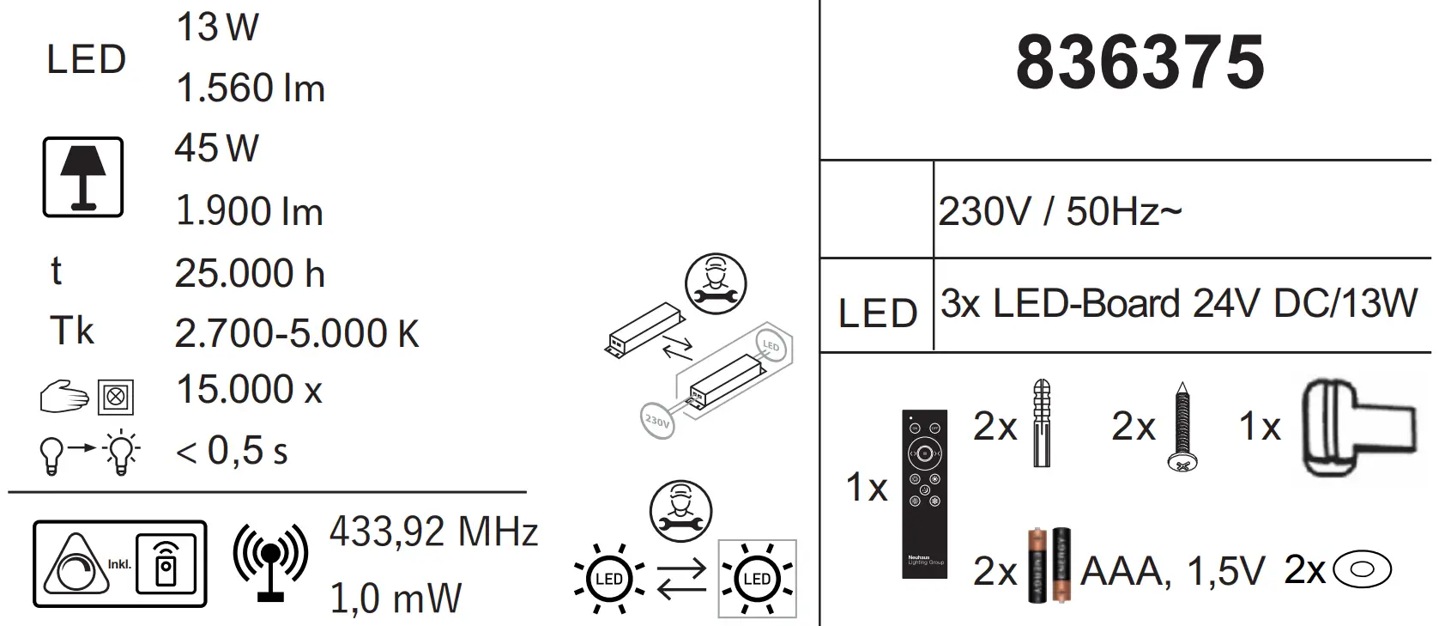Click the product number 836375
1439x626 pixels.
(x=1140, y=63)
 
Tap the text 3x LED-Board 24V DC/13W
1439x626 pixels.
(x=1178, y=305)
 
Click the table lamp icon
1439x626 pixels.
(x=83, y=177)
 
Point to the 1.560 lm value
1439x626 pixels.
(x=251, y=88)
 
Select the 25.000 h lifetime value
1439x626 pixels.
(x=250, y=274)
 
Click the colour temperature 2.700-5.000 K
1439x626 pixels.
(x=296, y=333)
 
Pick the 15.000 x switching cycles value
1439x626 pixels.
(x=249, y=390)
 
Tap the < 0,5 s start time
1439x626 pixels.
(x=232, y=451)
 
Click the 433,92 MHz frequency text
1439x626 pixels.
(x=433, y=532)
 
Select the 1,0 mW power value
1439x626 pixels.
(x=396, y=598)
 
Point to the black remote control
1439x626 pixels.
(x=925, y=493)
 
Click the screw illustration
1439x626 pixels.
(x=1182, y=427)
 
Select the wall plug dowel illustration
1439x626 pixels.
(x=1041, y=422)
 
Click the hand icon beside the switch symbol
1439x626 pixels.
(x=64, y=398)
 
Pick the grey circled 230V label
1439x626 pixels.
(x=657, y=421)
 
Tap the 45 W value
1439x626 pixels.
(x=216, y=149)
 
